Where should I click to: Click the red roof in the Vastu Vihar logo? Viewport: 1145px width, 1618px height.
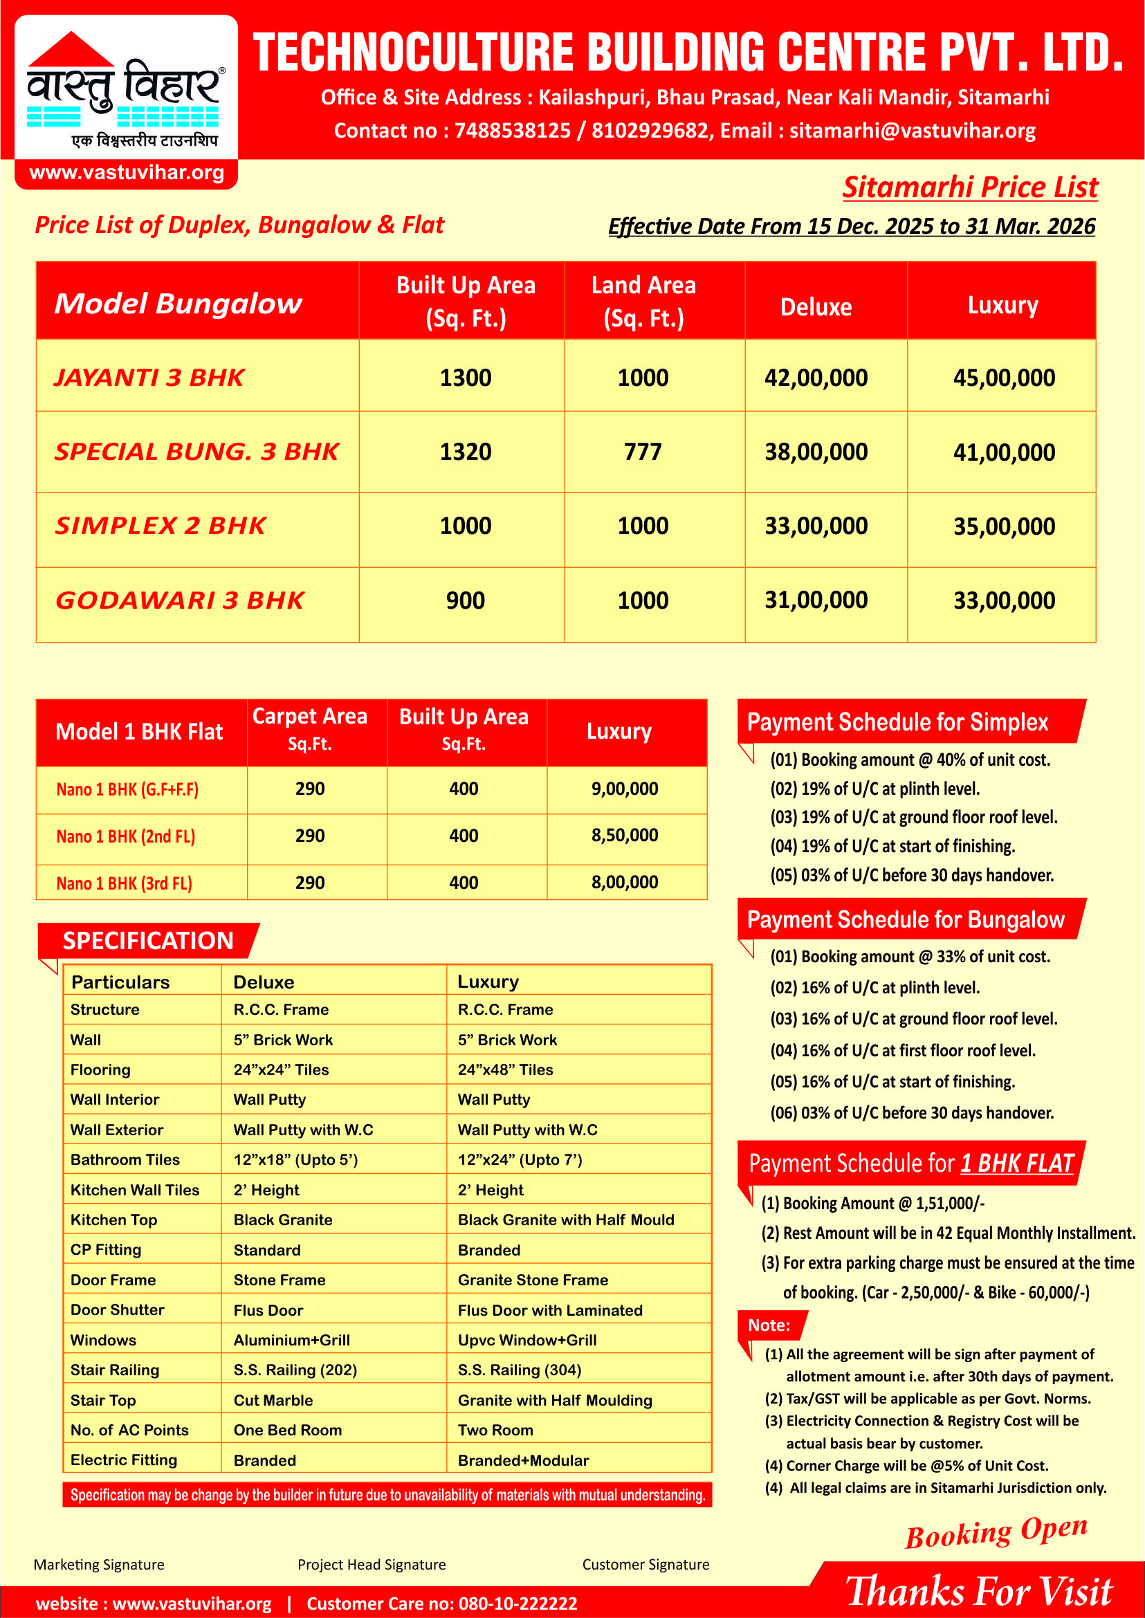pyautogui.click(x=71, y=51)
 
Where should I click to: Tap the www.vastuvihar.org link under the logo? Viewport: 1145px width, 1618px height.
pyautogui.click(x=127, y=173)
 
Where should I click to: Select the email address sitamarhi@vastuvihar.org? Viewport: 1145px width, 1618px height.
pyautogui.click(x=913, y=131)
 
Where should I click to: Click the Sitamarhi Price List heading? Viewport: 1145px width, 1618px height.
pyautogui.click(x=970, y=187)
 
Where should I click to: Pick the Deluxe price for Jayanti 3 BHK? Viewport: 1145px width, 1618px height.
pyautogui.click(x=816, y=378)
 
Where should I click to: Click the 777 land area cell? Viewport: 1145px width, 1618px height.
pyautogui.click(x=642, y=452)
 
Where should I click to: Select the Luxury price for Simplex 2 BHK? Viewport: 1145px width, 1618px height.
pyautogui.click(x=1004, y=526)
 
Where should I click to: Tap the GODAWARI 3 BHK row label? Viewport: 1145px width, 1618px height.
pyautogui.click(x=180, y=600)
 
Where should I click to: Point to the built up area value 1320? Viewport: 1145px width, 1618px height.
pyautogui.click(x=466, y=452)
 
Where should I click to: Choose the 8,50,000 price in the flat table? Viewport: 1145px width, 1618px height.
pyautogui.click(x=625, y=836)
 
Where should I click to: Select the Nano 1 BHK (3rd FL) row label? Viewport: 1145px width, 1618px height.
pyautogui.click(x=124, y=883)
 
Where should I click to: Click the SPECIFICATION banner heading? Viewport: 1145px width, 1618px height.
pyautogui.click(x=148, y=941)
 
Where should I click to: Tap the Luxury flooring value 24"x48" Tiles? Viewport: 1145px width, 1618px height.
pyautogui.click(x=506, y=1069)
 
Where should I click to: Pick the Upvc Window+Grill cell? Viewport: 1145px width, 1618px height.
pyautogui.click(x=526, y=1340)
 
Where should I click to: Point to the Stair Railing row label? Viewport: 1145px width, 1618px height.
pyautogui.click(x=115, y=1370)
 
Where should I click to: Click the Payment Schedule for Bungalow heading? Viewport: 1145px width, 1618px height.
pyautogui.click(x=906, y=919)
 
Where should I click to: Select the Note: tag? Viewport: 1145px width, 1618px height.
pyautogui.click(x=769, y=1325)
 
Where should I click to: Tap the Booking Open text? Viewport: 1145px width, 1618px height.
pyautogui.click(x=996, y=1533)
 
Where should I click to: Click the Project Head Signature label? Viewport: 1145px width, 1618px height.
pyautogui.click(x=372, y=1565)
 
